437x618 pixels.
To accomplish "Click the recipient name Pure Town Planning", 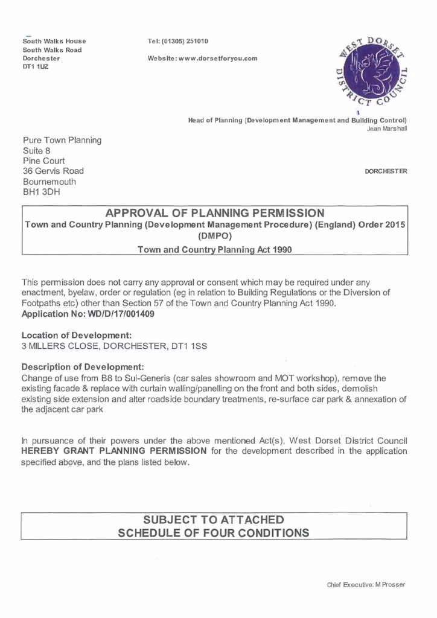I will [62, 141].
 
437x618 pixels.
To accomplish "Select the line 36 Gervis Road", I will [53, 171].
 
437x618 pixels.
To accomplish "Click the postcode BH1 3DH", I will [42, 192].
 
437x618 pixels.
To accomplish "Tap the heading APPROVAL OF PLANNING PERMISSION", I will [215, 213].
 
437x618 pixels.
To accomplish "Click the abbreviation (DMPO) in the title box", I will [215, 236].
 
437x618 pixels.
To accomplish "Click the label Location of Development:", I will [77, 335].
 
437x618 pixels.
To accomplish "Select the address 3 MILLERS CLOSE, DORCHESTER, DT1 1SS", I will [113, 346].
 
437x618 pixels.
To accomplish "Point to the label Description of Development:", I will [83, 366].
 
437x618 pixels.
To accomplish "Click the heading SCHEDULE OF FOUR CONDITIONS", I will [214, 532].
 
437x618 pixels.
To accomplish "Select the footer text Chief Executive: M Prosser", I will [366, 585].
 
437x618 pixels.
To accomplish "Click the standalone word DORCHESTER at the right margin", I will [386, 171].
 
